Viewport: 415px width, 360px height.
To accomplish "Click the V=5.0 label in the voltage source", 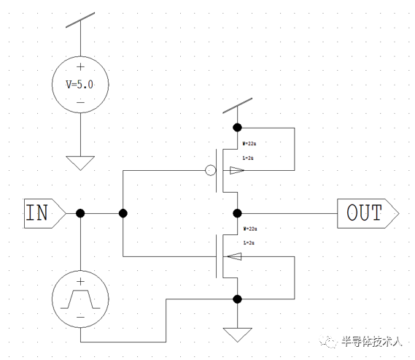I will pos(80,84).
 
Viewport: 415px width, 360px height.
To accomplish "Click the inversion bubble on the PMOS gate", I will pos(210,171).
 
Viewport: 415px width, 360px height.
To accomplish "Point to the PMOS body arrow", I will pos(236,171).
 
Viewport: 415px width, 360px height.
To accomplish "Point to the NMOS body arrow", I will pos(234,256).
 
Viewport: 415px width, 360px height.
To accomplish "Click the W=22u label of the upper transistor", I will pos(249,143).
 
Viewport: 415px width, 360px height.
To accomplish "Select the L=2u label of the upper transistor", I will pos(248,157).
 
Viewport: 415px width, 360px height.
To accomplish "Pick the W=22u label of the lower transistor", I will pos(249,229).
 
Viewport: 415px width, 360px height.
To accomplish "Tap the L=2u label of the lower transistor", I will pos(248,242).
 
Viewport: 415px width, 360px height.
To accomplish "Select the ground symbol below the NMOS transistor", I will pos(237,334).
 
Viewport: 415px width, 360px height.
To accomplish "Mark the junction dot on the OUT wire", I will pos(237,213).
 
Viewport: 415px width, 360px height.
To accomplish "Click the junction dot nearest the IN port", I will pos(80,213).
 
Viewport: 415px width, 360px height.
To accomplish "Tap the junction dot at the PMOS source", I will pos(237,127).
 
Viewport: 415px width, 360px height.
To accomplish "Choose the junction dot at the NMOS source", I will pos(237,299).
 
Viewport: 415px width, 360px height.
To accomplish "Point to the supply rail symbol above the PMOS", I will pos(237,106).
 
